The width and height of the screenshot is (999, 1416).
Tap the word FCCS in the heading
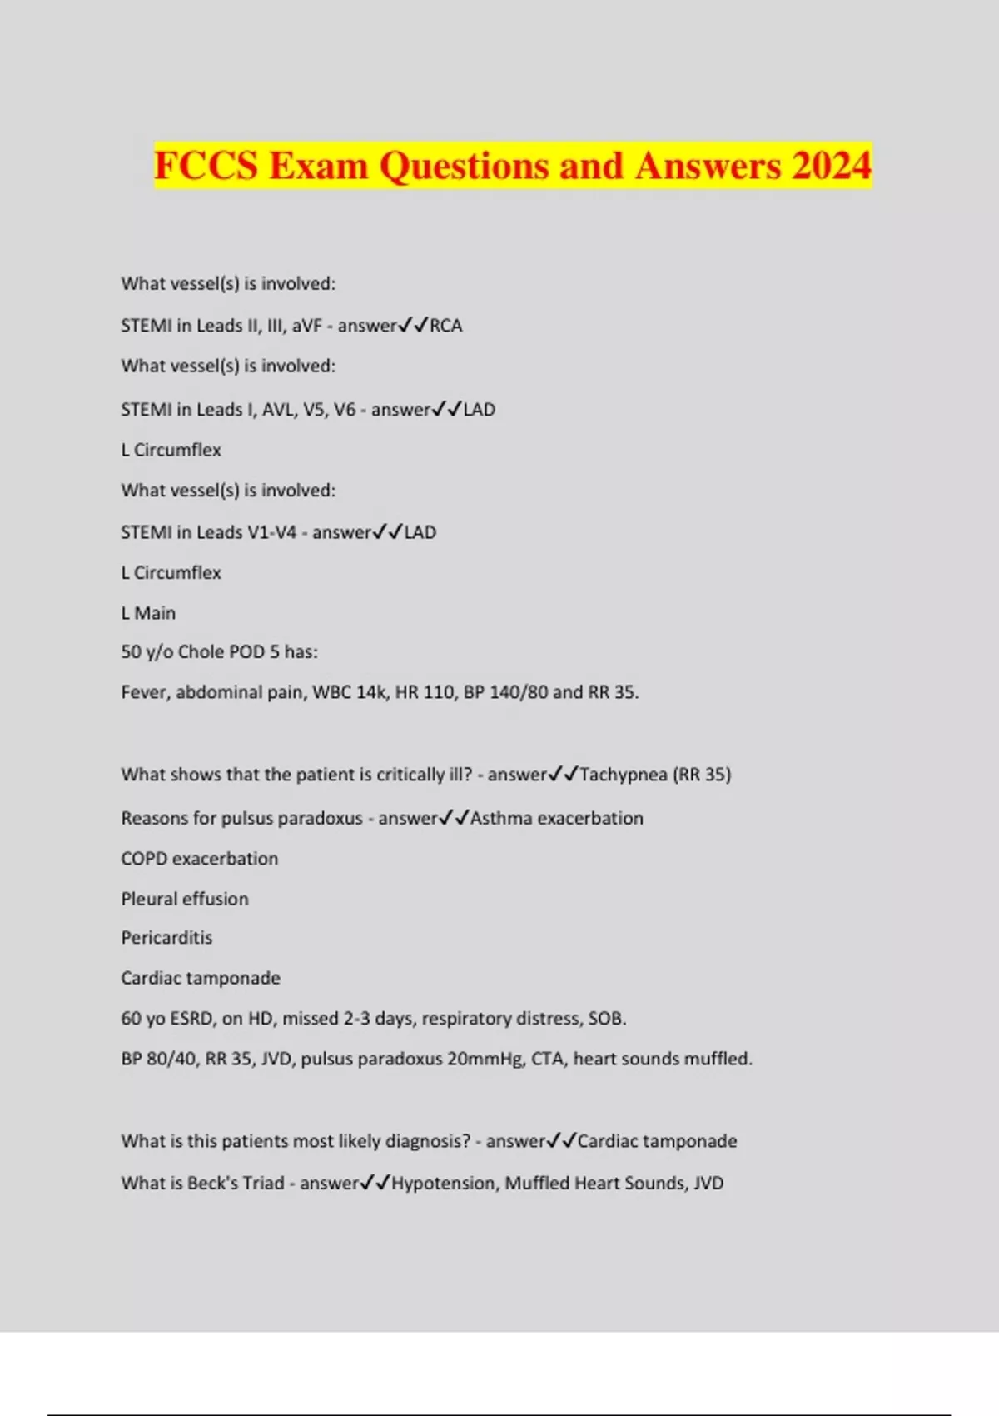206,165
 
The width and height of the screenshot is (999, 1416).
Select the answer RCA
445,326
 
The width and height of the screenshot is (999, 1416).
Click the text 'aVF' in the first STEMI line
306,326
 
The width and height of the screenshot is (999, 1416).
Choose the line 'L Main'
148,613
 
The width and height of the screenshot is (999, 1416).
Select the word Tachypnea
623,775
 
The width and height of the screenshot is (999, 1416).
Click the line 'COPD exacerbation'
200,859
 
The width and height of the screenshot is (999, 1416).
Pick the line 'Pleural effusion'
185,899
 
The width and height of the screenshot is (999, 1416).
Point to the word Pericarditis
166,938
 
